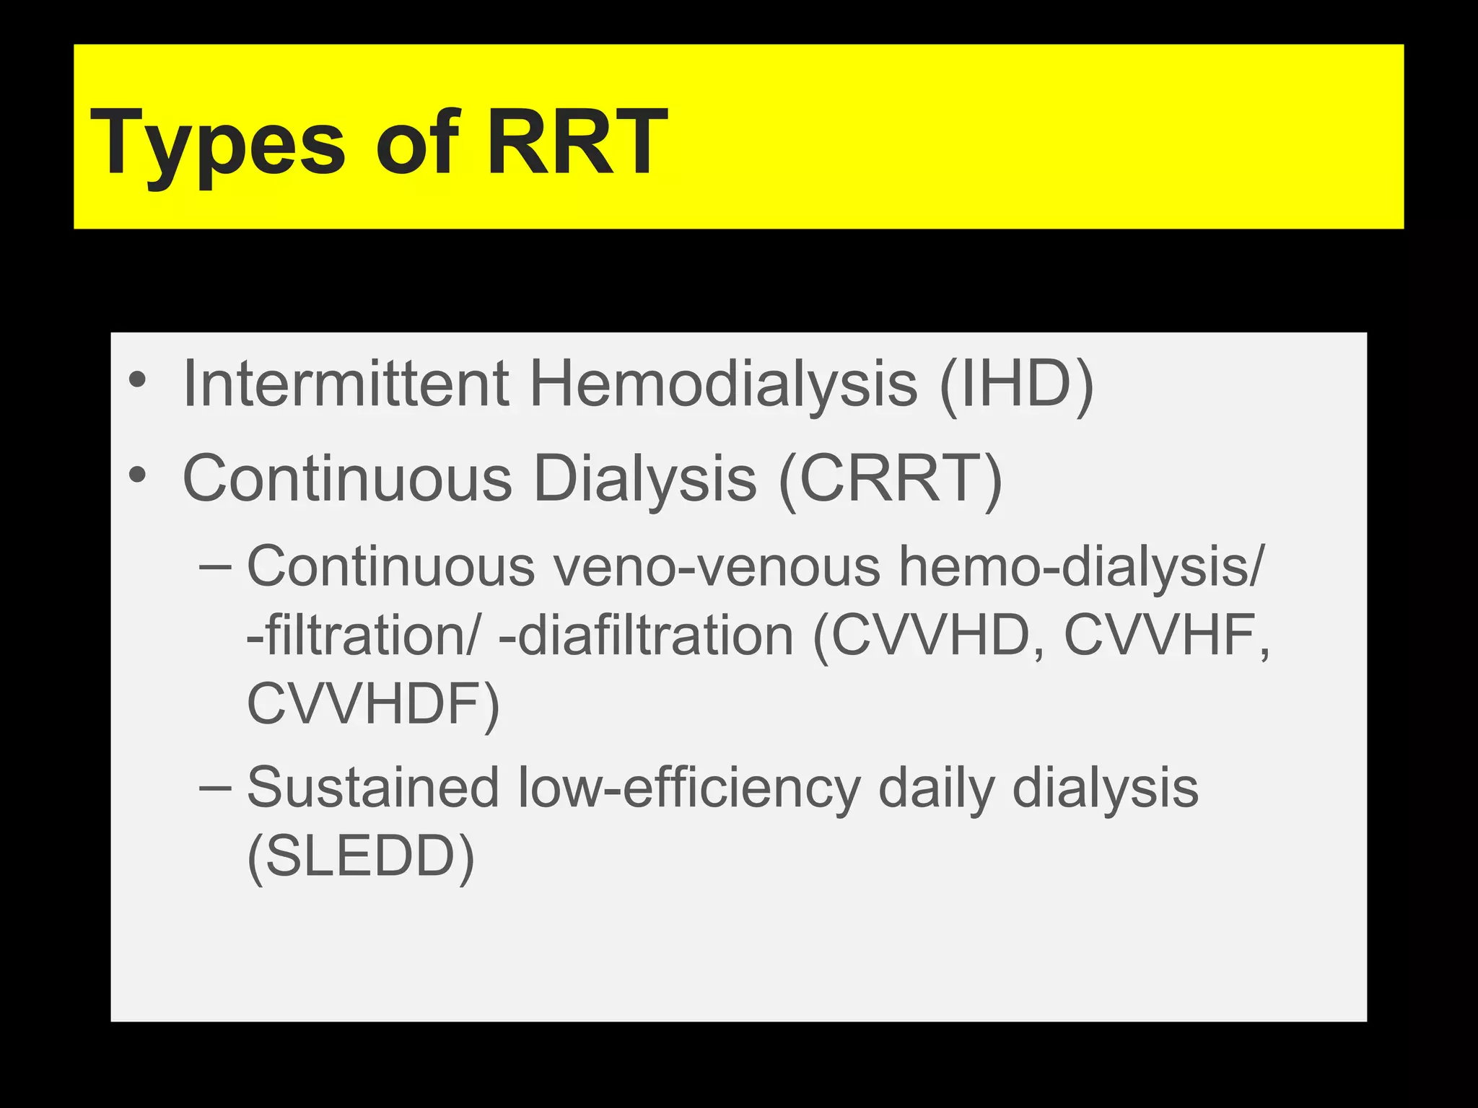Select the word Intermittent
[x=346, y=384]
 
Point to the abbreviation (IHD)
[x=1017, y=384]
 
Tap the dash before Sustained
[x=215, y=787]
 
